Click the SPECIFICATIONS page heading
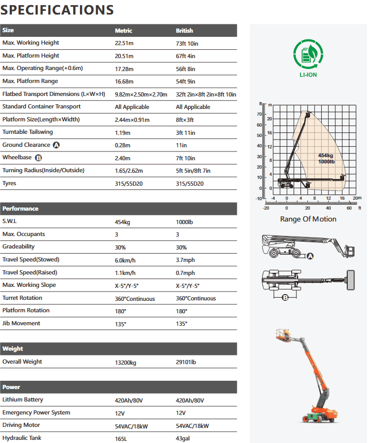(58, 9)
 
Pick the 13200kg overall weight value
(126, 362)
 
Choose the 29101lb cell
(186, 362)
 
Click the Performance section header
(20, 209)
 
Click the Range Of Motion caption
(308, 219)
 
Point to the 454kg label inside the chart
(326, 156)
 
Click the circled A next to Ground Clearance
(56, 145)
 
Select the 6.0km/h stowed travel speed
(125, 260)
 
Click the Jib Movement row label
(21, 323)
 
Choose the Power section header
(11, 387)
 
